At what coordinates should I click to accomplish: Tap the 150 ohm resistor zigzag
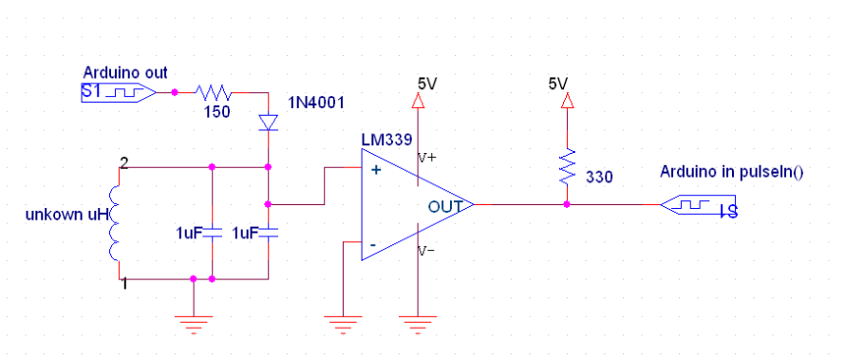215,92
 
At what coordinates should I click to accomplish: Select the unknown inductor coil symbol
115,223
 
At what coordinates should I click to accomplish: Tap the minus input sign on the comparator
373,245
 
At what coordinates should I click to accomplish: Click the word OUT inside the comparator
445,205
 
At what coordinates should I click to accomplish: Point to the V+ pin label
428,160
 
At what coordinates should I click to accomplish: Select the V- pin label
428,252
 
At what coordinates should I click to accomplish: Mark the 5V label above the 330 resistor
559,84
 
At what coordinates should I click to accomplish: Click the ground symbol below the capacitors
194,324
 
